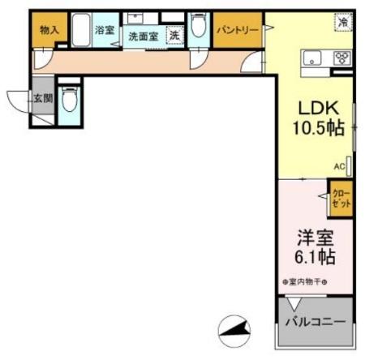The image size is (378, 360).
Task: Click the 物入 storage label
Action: coord(49,30)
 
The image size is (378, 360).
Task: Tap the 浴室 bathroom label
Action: coord(104,30)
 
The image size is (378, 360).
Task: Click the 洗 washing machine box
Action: coord(174,35)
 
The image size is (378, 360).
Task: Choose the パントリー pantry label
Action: coord(237,30)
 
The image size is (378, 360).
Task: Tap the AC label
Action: coord(338,167)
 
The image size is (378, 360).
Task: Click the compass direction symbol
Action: coord(234,328)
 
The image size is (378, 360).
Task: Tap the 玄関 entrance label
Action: coord(42,100)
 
